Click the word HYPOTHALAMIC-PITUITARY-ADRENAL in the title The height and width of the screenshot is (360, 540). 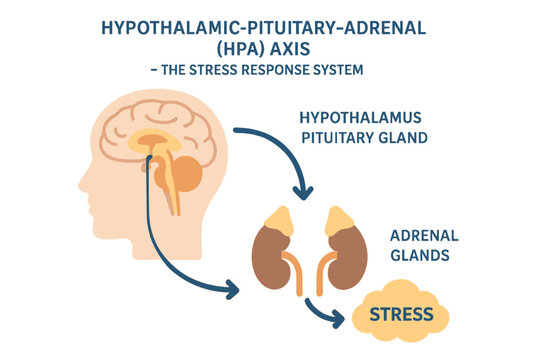(x=269, y=28)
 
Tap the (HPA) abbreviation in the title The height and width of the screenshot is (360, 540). (x=229, y=50)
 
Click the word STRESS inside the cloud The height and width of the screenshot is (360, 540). (x=401, y=315)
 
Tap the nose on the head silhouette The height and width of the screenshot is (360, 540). (x=82, y=182)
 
